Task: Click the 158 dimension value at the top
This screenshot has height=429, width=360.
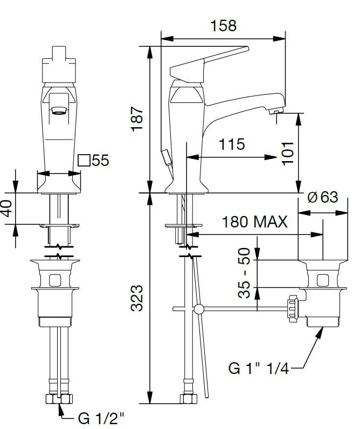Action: tap(223, 26)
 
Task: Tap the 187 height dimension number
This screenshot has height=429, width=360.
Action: tap(137, 119)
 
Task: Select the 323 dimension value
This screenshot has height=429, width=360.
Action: tap(136, 298)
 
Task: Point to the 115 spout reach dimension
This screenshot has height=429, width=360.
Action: tap(232, 144)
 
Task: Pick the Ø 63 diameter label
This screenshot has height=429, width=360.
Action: tap(323, 197)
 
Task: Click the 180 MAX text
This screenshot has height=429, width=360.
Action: tap(254, 222)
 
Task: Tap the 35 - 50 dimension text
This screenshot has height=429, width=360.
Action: tap(244, 273)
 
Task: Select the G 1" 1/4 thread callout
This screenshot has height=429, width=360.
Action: tap(259, 368)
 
